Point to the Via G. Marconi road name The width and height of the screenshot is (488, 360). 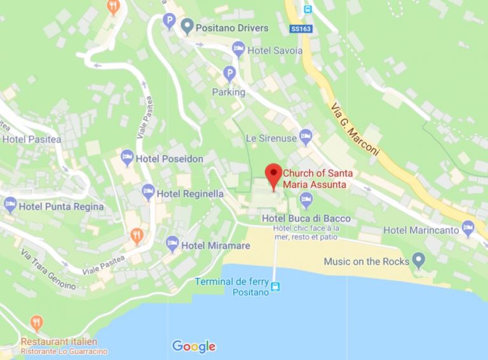(x=356, y=128)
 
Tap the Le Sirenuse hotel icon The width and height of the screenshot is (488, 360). (x=306, y=135)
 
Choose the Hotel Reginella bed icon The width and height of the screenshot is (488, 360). (x=148, y=191)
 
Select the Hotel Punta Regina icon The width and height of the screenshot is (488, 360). (x=10, y=205)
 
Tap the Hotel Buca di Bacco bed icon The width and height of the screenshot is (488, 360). (x=306, y=202)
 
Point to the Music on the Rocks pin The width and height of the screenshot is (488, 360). (x=418, y=260)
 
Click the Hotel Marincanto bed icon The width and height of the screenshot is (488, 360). (x=468, y=227)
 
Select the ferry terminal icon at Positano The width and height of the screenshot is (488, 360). (x=275, y=286)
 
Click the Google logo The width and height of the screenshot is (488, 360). (x=194, y=347)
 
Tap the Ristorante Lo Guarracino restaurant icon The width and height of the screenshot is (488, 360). (x=37, y=322)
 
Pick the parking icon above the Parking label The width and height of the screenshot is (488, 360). (x=229, y=75)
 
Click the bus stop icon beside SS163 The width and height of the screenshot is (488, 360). (x=308, y=10)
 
